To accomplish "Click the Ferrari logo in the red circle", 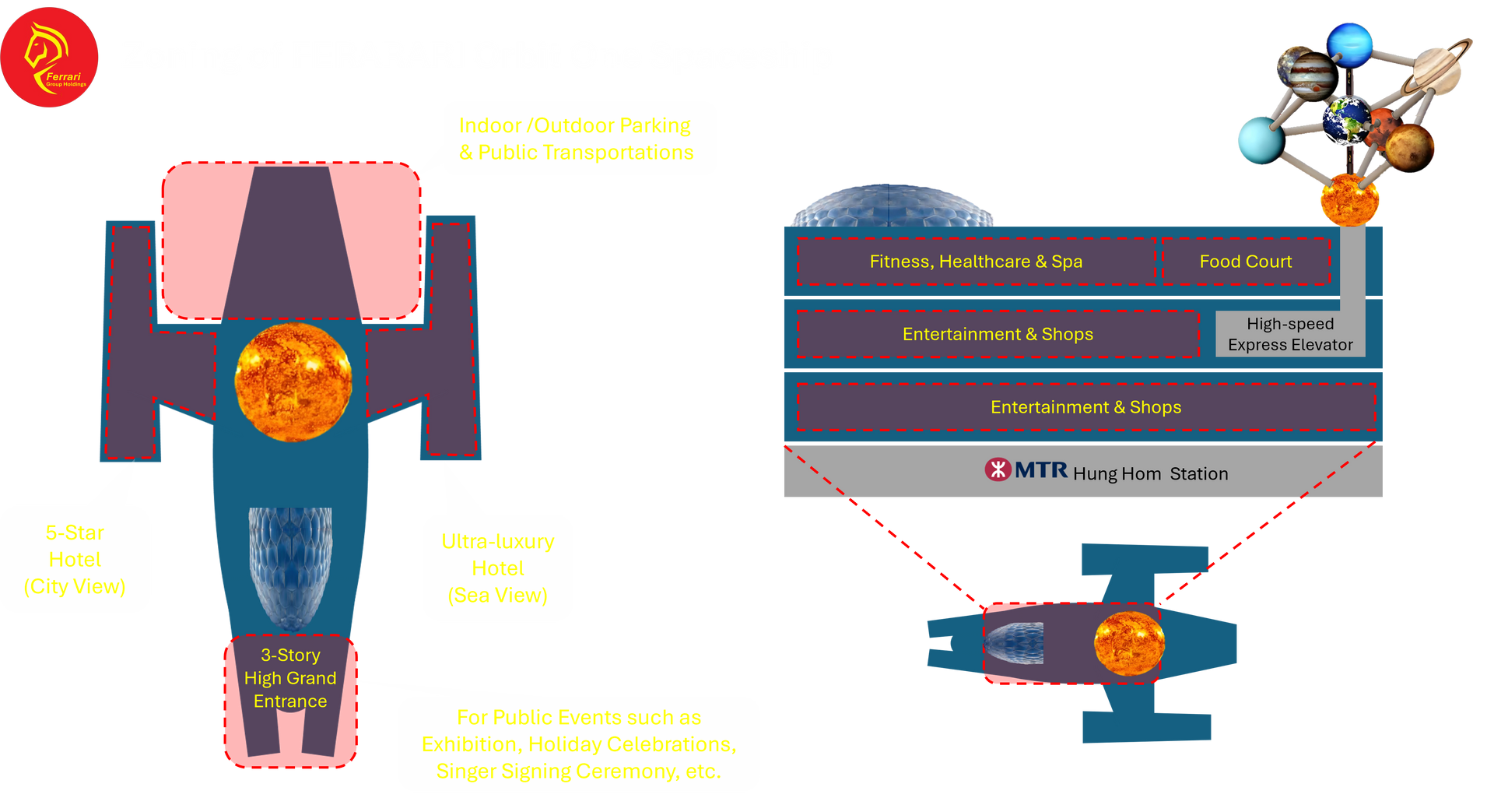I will [50, 57].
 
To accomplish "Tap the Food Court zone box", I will [1245, 262].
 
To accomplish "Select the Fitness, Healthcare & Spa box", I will [976, 262].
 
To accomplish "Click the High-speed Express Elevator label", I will [1290, 334].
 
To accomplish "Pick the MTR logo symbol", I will [998, 469].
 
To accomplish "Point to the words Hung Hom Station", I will [1150, 473].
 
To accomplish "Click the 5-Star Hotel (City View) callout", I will [75, 559].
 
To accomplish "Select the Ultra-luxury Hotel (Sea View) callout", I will [498, 568].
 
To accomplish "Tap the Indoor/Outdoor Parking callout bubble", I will [576, 139].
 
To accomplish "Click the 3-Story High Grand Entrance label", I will [290, 678].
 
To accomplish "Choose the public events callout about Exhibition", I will [579, 744].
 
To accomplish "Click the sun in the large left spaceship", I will [293, 381].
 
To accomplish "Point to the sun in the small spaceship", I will [1129, 643].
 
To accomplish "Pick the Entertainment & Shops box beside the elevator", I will [998, 334].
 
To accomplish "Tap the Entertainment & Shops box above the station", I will [1085, 407].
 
